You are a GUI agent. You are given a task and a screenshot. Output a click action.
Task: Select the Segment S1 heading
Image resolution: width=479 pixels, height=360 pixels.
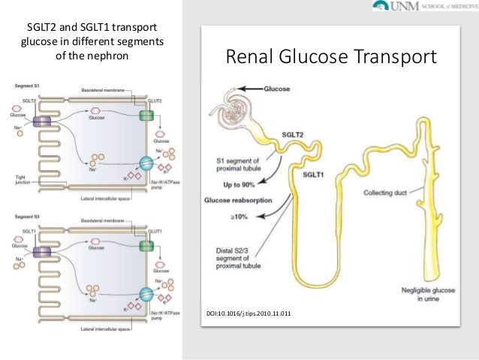click(28, 86)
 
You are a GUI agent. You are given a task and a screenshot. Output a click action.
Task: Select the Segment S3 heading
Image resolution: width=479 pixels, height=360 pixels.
click(28, 216)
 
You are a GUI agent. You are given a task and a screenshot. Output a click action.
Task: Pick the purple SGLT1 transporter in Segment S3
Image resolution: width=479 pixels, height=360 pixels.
click(42, 250)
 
